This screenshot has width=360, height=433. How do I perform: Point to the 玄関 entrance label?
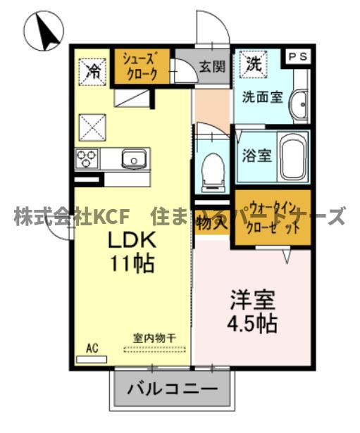pos(211,68)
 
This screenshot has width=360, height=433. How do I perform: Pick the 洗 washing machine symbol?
pos(252,63)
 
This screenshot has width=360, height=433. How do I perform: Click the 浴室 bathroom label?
pos(257,155)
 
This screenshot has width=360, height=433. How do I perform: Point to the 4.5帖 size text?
pos(252,324)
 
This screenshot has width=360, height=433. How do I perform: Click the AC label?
pos(92,348)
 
